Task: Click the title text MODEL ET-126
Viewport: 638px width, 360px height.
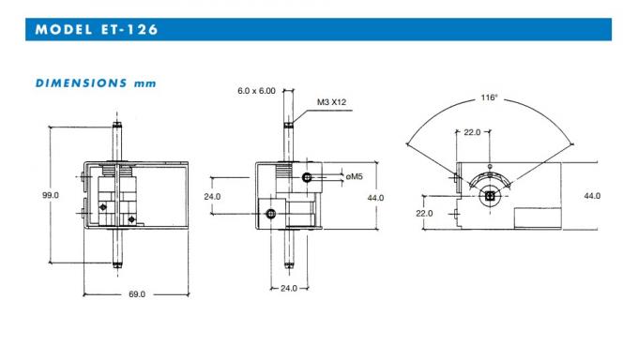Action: click(x=97, y=29)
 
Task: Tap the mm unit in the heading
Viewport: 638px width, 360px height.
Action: click(x=144, y=82)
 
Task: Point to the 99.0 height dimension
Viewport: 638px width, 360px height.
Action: click(x=50, y=195)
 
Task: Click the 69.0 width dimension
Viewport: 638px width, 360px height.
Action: click(x=136, y=294)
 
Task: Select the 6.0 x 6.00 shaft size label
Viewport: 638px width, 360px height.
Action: click(x=256, y=91)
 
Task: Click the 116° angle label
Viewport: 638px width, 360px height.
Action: click(x=489, y=97)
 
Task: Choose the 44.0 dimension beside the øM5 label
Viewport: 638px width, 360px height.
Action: click(x=375, y=197)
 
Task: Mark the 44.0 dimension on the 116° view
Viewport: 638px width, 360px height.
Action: click(x=592, y=195)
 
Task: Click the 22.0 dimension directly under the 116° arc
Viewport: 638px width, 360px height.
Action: click(x=471, y=132)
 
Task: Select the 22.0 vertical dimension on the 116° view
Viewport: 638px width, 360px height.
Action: click(x=425, y=213)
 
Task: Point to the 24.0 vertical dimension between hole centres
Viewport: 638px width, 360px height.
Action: click(x=212, y=196)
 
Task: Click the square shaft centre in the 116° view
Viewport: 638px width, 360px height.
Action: click(x=489, y=197)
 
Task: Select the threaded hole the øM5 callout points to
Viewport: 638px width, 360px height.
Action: click(x=307, y=177)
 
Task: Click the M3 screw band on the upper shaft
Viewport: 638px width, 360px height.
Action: click(x=288, y=126)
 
